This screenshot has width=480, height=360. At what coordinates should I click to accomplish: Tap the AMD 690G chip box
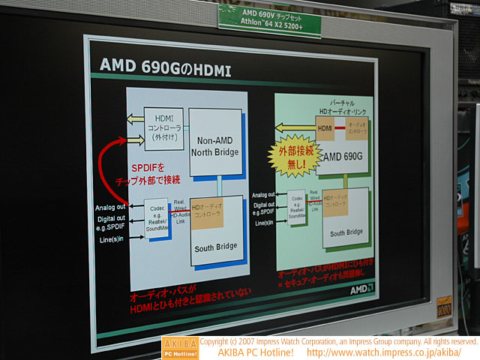pyautogui.click(x=344, y=158)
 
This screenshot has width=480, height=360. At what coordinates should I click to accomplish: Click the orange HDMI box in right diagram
pyautogui.click(x=325, y=129)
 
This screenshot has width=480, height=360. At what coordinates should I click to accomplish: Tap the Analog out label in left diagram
pyautogui.click(x=110, y=207)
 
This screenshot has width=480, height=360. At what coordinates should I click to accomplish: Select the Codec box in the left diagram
pyautogui.click(x=157, y=217)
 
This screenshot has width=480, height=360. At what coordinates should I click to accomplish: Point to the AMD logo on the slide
pyautogui.click(x=360, y=289)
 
